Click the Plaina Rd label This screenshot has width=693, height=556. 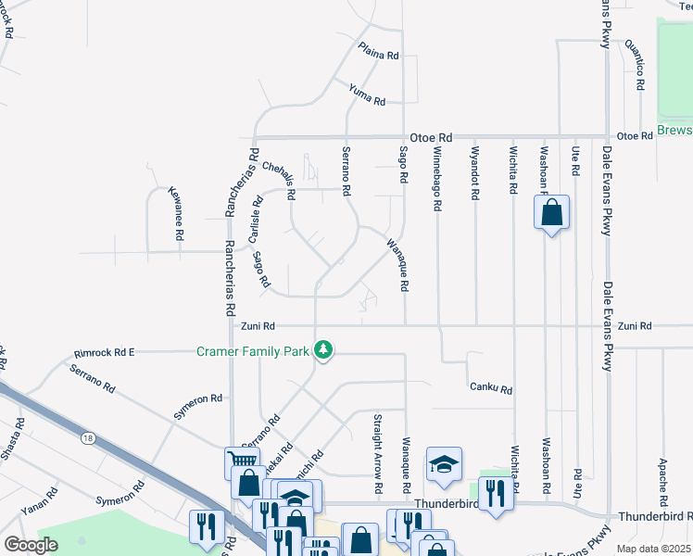pyautogui.click(x=379, y=51)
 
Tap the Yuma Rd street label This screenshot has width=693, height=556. pyautogui.click(x=367, y=94)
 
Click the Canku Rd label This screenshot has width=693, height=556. pyautogui.click(x=491, y=388)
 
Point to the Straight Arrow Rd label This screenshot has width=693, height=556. pyautogui.click(x=379, y=452)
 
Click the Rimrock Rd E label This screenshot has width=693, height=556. pyautogui.click(x=105, y=352)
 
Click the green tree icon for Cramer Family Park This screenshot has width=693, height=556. pyautogui.click(x=323, y=350)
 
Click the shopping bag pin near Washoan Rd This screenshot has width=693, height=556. pyautogui.click(x=551, y=212)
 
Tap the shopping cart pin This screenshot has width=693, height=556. pyautogui.click(x=241, y=460)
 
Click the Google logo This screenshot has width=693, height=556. pyautogui.click(x=31, y=545)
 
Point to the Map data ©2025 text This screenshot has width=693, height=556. pyautogui.click(x=653, y=549)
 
